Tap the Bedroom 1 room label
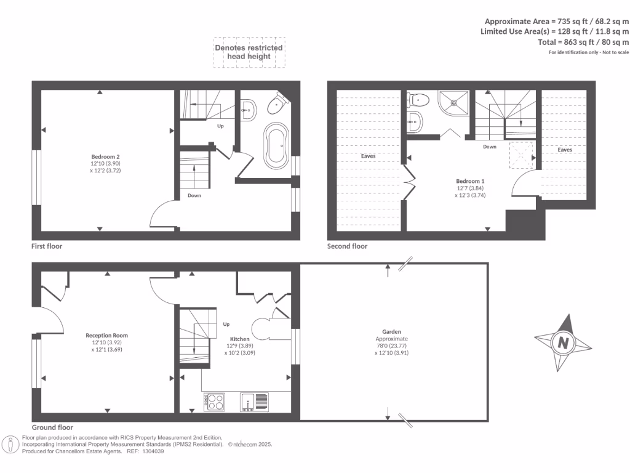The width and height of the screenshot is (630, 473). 470,181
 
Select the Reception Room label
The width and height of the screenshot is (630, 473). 106,336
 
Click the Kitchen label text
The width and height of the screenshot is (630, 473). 239,339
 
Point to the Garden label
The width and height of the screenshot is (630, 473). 392,331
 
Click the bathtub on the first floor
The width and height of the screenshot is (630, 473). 276,145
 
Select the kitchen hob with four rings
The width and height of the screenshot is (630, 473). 214,402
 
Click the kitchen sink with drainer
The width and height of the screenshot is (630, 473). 254,402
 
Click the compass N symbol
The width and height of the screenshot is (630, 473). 563,343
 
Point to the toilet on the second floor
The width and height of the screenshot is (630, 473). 420,99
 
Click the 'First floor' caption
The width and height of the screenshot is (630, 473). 47,246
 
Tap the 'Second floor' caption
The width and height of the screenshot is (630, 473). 347,246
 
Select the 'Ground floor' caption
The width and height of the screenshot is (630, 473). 52,427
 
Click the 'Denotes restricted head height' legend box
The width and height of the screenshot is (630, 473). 249,52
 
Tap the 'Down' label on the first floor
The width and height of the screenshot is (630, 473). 194,195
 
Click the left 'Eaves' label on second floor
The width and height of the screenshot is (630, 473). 368,156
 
